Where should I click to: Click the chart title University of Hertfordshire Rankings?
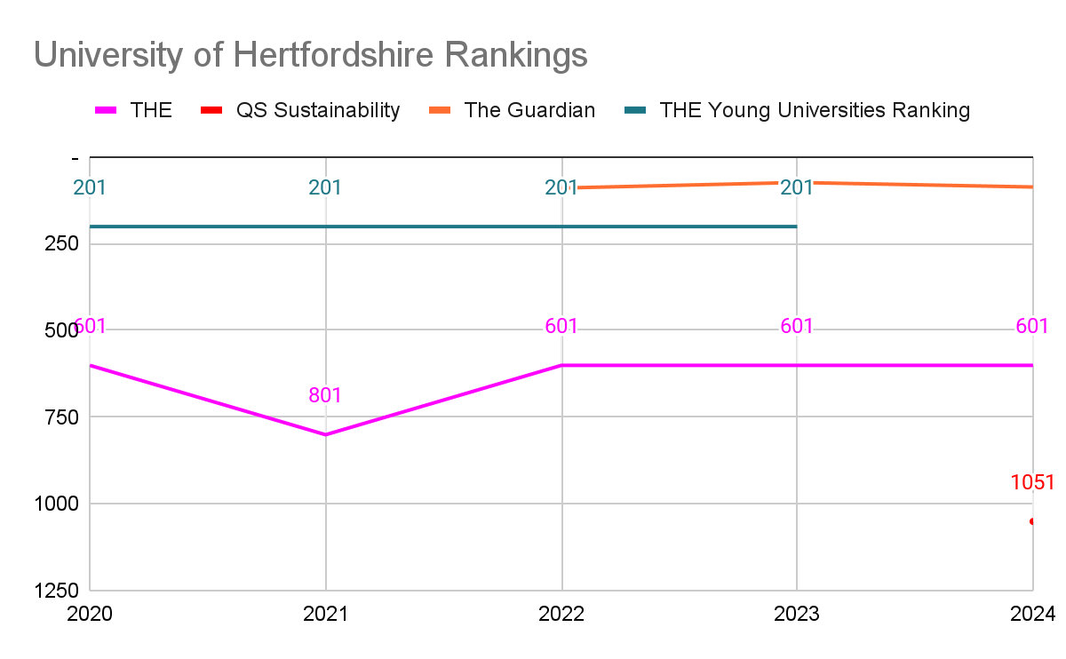310,55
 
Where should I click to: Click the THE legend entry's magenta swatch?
106,110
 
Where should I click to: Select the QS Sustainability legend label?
318,110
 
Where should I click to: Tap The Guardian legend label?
529,110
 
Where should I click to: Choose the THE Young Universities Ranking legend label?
815,110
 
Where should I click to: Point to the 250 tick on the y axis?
61,243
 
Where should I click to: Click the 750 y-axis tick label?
61,417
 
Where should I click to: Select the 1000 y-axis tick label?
57,504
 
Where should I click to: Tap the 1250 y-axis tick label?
57,591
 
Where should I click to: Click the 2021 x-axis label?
325,614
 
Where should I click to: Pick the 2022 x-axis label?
561,614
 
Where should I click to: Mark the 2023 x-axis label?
797,614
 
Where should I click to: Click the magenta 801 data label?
325,395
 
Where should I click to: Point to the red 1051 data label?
1032,482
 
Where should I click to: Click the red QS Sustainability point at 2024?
1031,521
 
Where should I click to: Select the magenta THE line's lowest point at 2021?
325,434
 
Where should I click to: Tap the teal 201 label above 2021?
325,187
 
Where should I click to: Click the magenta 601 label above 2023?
797,327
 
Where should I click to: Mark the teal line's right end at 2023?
797,226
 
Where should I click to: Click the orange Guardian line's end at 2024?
1032,187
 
